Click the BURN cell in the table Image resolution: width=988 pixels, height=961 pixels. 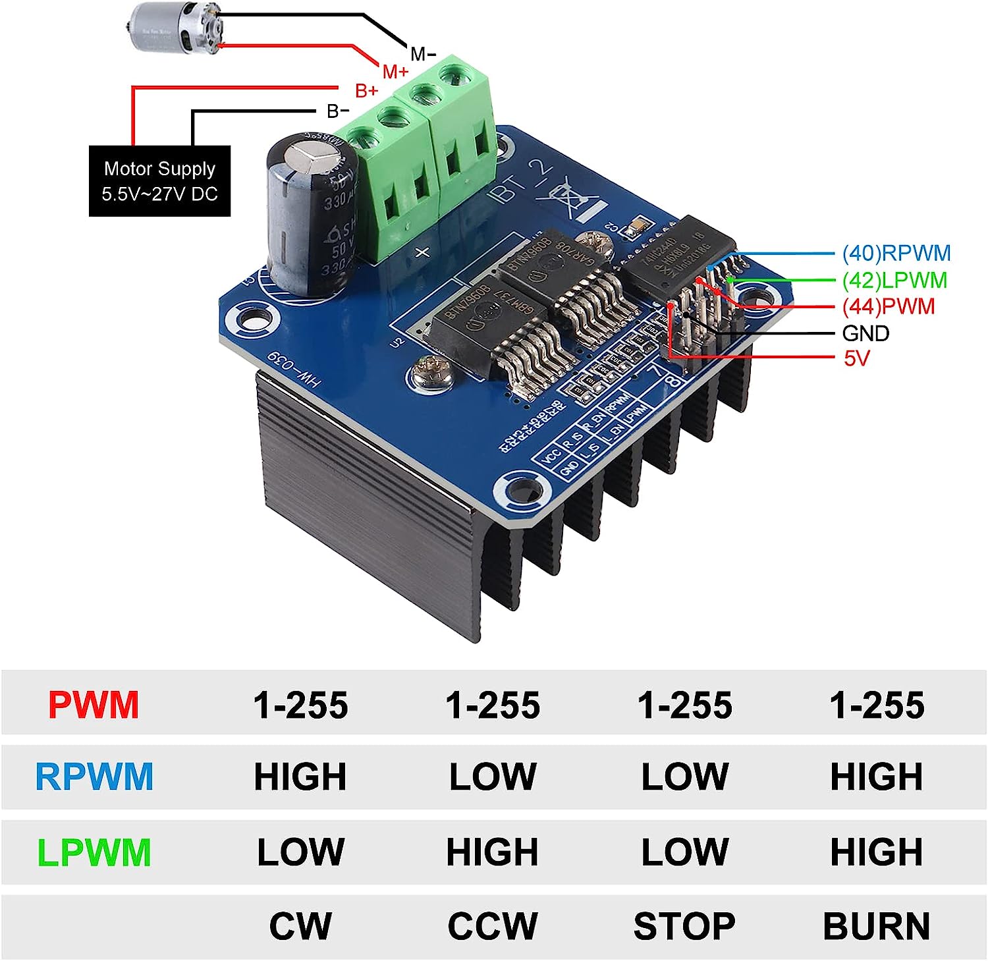(x=876, y=926)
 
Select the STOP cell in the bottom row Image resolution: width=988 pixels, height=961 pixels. (x=684, y=926)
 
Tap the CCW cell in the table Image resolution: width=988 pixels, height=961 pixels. (x=493, y=926)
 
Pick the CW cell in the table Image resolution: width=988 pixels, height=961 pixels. (x=300, y=926)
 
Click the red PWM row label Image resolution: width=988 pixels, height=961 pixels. (x=94, y=705)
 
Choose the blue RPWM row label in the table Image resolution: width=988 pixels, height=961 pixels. (x=94, y=777)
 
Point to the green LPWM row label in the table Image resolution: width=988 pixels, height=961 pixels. (x=94, y=852)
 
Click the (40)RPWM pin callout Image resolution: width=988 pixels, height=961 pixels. (x=896, y=253)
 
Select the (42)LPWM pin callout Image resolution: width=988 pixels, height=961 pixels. (x=894, y=281)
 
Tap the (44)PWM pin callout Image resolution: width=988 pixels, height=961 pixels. (x=889, y=306)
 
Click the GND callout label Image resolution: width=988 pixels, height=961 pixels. (x=865, y=333)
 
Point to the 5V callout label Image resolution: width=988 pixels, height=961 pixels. (x=856, y=358)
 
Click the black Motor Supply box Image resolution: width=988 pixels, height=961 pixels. (x=160, y=181)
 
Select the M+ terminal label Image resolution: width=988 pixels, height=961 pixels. (x=395, y=71)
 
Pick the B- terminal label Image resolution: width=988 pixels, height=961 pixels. (x=338, y=111)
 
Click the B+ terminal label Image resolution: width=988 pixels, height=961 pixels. (x=367, y=90)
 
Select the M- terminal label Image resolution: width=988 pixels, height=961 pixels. (x=423, y=53)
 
